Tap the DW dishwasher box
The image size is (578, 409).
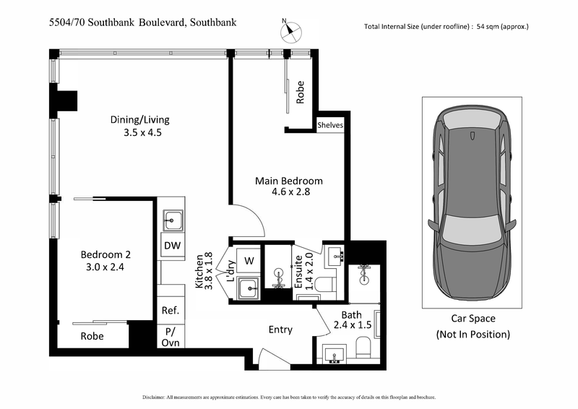[172, 246]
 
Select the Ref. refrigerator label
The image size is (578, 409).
[171, 311]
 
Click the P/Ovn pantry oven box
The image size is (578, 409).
[171, 337]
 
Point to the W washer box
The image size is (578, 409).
[248, 260]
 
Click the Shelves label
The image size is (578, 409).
[329, 125]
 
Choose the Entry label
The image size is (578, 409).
[280, 330]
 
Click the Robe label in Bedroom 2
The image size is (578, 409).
[92, 336]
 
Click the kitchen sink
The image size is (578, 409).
[172, 218]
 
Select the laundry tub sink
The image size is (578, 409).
[248, 288]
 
